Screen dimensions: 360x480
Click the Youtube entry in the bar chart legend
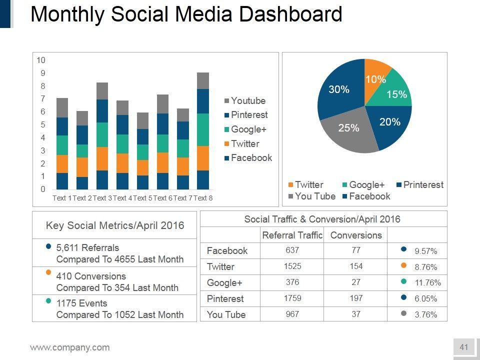[x=248, y=101]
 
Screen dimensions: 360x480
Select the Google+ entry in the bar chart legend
[x=248, y=129]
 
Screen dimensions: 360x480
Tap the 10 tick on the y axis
[x=41, y=60]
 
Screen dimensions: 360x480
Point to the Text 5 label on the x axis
[x=142, y=198]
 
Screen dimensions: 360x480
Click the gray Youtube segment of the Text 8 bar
[x=202, y=80]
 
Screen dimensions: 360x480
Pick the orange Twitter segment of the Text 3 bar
[x=102, y=158]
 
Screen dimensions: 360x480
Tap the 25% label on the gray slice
[x=348, y=128]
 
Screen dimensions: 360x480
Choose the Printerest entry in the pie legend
[x=423, y=185]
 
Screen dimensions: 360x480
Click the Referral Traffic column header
[x=292, y=235]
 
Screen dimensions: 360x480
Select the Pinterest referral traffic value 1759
[x=292, y=298]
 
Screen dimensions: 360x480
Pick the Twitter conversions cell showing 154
[x=356, y=266]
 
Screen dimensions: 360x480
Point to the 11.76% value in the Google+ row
[x=428, y=283]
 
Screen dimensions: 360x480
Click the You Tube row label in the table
[x=226, y=314]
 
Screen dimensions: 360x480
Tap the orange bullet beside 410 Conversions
[x=48, y=273]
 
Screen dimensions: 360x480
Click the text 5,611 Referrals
[x=87, y=247]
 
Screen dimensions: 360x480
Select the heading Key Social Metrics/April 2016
[x=115, y=225]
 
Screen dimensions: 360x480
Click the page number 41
[x=463, y=347]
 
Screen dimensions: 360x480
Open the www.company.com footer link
[x=69, y=347]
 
